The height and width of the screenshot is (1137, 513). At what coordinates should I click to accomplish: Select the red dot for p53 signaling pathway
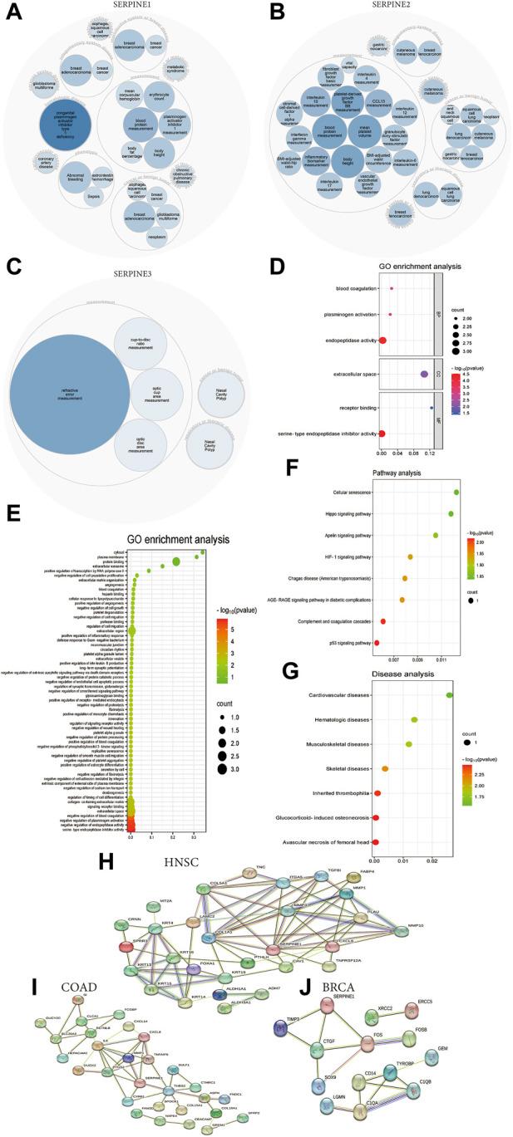click(x=377, y=642)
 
